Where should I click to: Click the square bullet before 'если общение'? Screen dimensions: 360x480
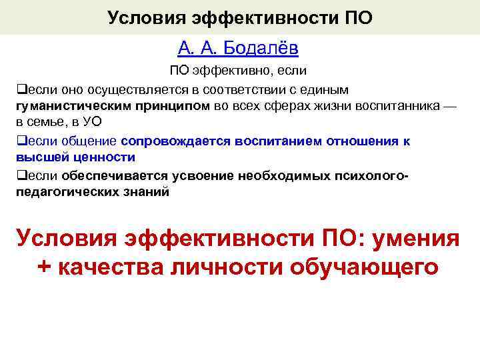(x=19, y=141)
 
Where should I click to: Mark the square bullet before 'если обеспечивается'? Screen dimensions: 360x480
(x=19, y=176)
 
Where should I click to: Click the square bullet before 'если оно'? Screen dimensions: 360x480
(x=19, y=90)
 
